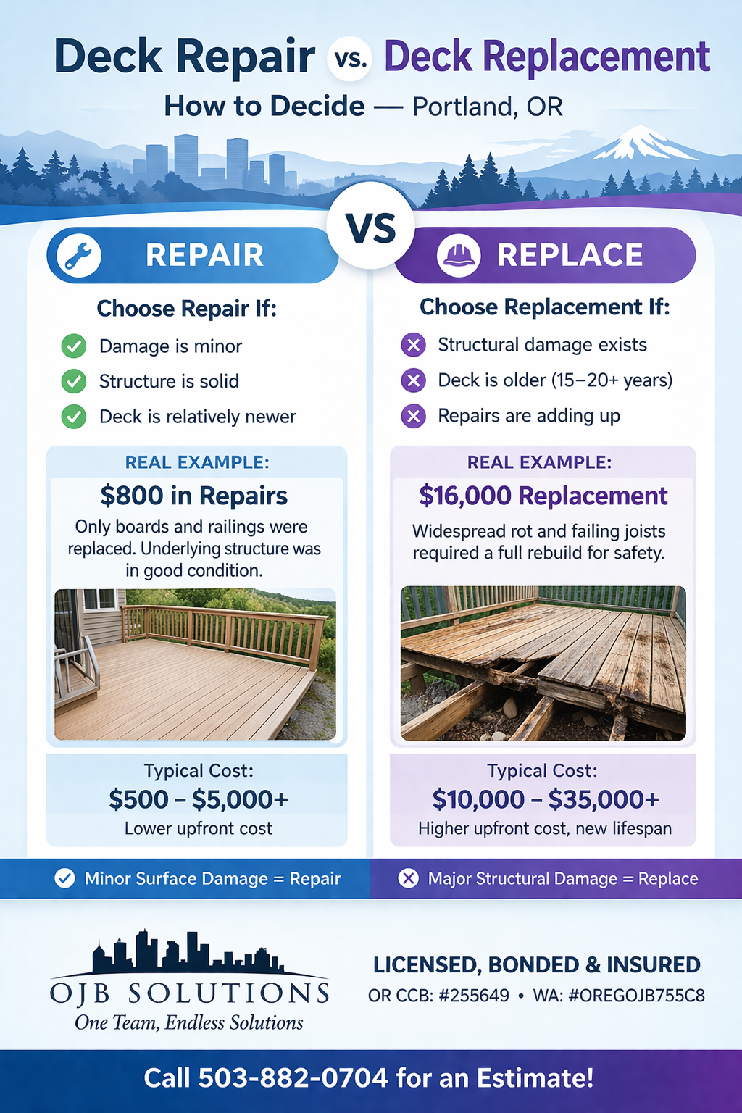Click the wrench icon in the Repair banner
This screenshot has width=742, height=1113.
(78, 255)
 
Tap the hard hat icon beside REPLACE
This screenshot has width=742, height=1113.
(458, 255)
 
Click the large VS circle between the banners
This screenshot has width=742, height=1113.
(370, 228)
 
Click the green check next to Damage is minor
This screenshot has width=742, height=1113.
(73, 346)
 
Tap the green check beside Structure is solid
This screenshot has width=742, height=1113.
(73, 381)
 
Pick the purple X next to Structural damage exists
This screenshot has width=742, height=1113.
(413, 345)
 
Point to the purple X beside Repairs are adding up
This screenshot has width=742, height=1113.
(413, 416)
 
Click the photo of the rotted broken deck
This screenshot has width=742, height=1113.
(543, 663)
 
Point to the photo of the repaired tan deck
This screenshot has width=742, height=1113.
(195, 664)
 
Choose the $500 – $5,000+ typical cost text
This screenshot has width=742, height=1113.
(199, 799)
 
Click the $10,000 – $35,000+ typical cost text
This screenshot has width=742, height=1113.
(545, 799)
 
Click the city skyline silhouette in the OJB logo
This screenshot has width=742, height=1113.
(187, 952)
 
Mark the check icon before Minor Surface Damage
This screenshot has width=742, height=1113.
(64, 879)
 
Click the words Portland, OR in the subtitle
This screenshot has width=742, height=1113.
(487, 107)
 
